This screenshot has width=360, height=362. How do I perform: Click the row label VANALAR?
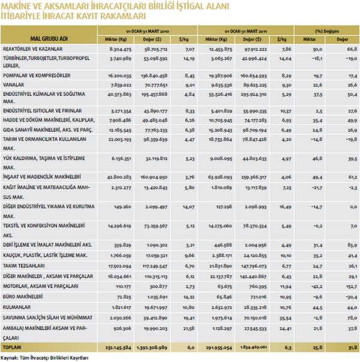coord(13,85)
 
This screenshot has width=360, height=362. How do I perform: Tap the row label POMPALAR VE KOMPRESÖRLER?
coord(37,76)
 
